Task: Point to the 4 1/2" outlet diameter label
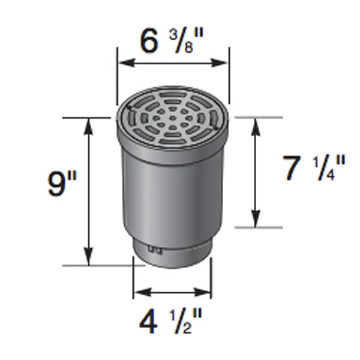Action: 172,323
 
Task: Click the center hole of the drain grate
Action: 173,118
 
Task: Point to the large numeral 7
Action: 293,169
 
